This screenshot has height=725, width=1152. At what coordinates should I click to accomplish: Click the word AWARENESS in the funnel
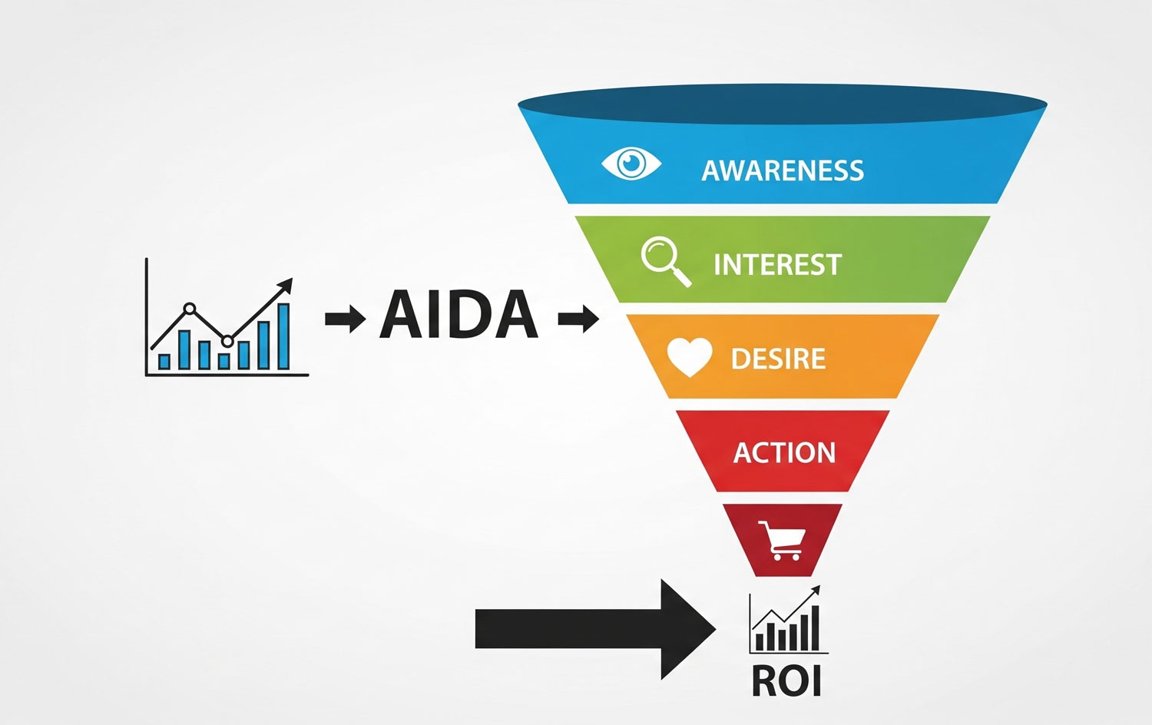click(x=783, y=170)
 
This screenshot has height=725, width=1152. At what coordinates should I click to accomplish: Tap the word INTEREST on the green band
click(x=777, y=265)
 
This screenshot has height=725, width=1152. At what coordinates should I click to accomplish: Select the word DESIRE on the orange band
click(x=778, y=359)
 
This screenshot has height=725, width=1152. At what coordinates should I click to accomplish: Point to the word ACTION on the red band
click(x=784, y=453)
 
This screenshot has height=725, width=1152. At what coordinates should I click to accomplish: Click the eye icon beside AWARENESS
click(x=631, y=164)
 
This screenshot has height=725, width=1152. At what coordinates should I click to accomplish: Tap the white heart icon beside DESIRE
click(x=689, y=357)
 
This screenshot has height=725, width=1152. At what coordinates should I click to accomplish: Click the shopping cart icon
click(x=782, y=541)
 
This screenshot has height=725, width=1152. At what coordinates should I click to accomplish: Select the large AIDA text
click(x=458, y=315)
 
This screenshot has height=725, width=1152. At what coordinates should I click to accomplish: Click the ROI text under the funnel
click(x=786, y=681)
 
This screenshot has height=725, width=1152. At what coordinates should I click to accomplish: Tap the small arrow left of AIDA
click(x=345, y=318)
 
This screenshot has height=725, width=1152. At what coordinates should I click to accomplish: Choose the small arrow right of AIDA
click(x=578, y=318)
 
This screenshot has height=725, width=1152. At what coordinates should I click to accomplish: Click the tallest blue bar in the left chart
click(x=283, y=336)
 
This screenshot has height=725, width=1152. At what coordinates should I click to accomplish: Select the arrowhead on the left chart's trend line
click(x=285, y=286)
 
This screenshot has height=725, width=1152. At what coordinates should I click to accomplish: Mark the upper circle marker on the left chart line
click(x=190, y=310)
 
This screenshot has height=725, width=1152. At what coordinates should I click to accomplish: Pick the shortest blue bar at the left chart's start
click(x=164, y=361)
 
